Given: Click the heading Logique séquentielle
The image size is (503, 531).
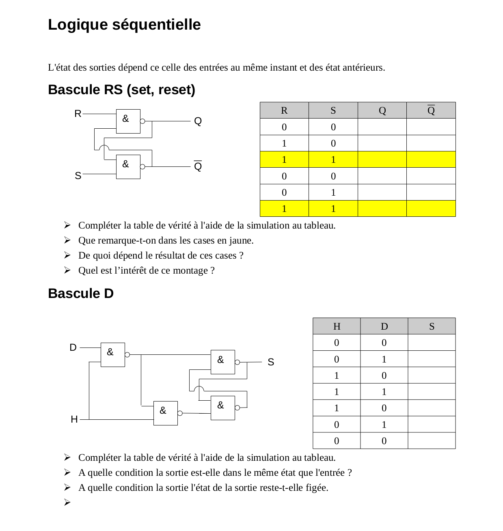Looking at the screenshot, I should tap(124, 25).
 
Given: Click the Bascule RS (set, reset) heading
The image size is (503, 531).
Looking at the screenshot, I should tap(121, 90).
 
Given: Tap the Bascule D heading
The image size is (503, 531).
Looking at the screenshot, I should tap(81, 294).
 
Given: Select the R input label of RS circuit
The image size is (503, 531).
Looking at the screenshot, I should tap(78, 114).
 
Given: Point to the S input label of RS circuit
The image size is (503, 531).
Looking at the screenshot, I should tap(78, 176).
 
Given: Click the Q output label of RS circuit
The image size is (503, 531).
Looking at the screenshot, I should tap(198, 121).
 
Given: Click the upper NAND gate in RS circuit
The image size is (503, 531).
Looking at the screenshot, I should tap(128, 121).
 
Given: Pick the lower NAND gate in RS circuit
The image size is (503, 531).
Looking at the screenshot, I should tap(128, 166).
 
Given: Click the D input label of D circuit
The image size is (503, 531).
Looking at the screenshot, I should tap(73, 348).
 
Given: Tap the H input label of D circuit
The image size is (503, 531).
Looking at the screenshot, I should tap(74, 419).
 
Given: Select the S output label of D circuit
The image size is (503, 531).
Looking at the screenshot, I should tap(271, 362).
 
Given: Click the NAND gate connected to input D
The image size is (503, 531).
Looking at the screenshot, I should tap(112, 354).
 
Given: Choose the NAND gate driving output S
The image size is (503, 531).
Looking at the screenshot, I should tap(223, 362).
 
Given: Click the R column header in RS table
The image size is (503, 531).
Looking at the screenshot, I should tap(284, 110).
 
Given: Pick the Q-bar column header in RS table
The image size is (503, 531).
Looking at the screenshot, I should tap(431, 110).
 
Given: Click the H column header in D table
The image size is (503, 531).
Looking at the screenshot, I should tap(337, 326).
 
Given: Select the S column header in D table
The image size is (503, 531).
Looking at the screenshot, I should tap(432, 326).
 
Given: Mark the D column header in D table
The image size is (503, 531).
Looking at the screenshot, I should tap(384, 326).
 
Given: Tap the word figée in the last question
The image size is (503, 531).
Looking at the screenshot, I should tap(316, 488).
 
